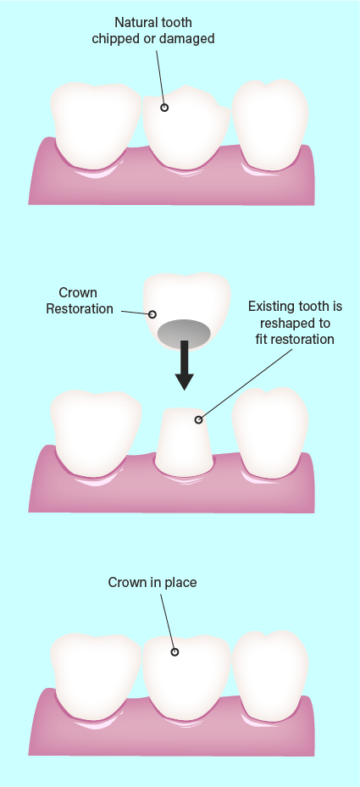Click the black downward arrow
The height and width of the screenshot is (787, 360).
tap(185, 365)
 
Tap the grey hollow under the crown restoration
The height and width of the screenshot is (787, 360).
tap(184, 333)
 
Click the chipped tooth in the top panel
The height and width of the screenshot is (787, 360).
tap(186, 127)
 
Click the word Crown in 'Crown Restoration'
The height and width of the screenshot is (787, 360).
tap(78, 292)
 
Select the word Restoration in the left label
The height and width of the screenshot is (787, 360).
tap(80, 308)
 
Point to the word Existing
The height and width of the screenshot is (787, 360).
tap(270, 306)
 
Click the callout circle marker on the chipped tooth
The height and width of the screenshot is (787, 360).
tap(164, 108)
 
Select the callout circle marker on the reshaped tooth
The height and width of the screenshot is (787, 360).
tap(199, 419)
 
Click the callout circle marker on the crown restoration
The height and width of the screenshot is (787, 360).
tap(152, 314)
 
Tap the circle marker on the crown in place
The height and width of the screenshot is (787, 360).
tap(174, 652)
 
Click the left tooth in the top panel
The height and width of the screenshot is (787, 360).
tap(96, 125)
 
